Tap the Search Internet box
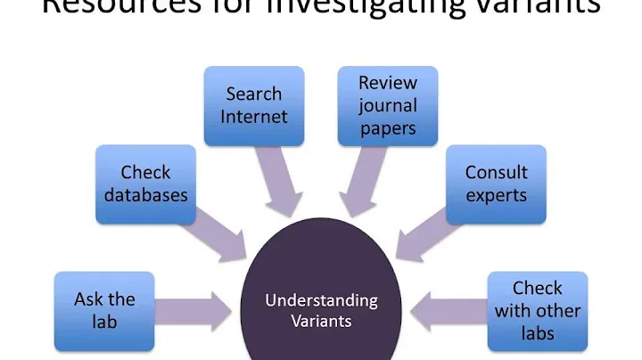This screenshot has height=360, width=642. (254, 104)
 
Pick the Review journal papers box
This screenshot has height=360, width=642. (388, 105)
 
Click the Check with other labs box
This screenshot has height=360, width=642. (538, 310)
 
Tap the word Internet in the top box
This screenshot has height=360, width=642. (254, 116)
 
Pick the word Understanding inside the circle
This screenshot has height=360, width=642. (321, 300)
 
